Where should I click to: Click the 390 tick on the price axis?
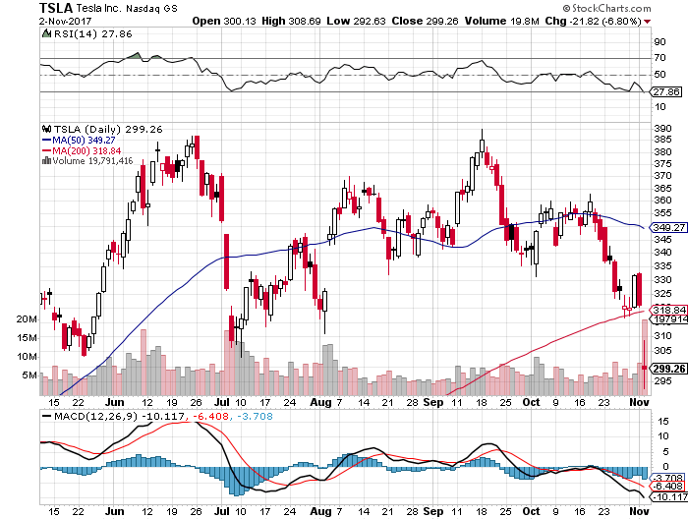point(663,128)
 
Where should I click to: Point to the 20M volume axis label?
point(26,319)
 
